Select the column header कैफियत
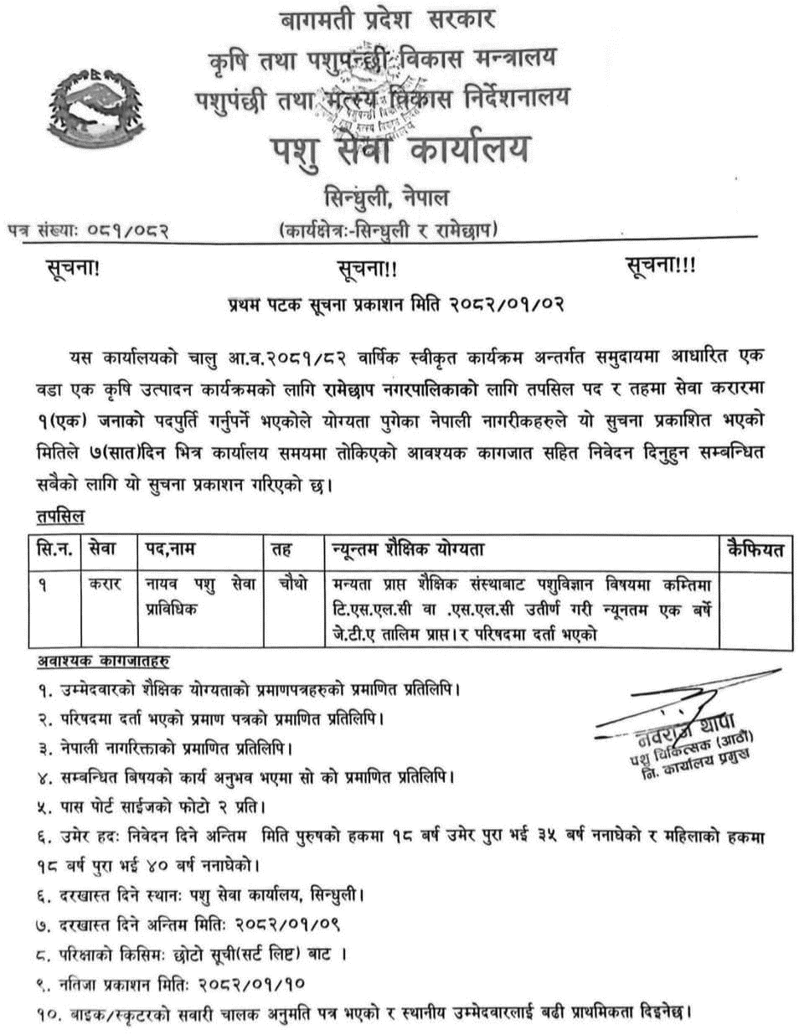(755, 550)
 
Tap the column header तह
(281, 550)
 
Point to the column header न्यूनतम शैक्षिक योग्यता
(406, 550)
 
